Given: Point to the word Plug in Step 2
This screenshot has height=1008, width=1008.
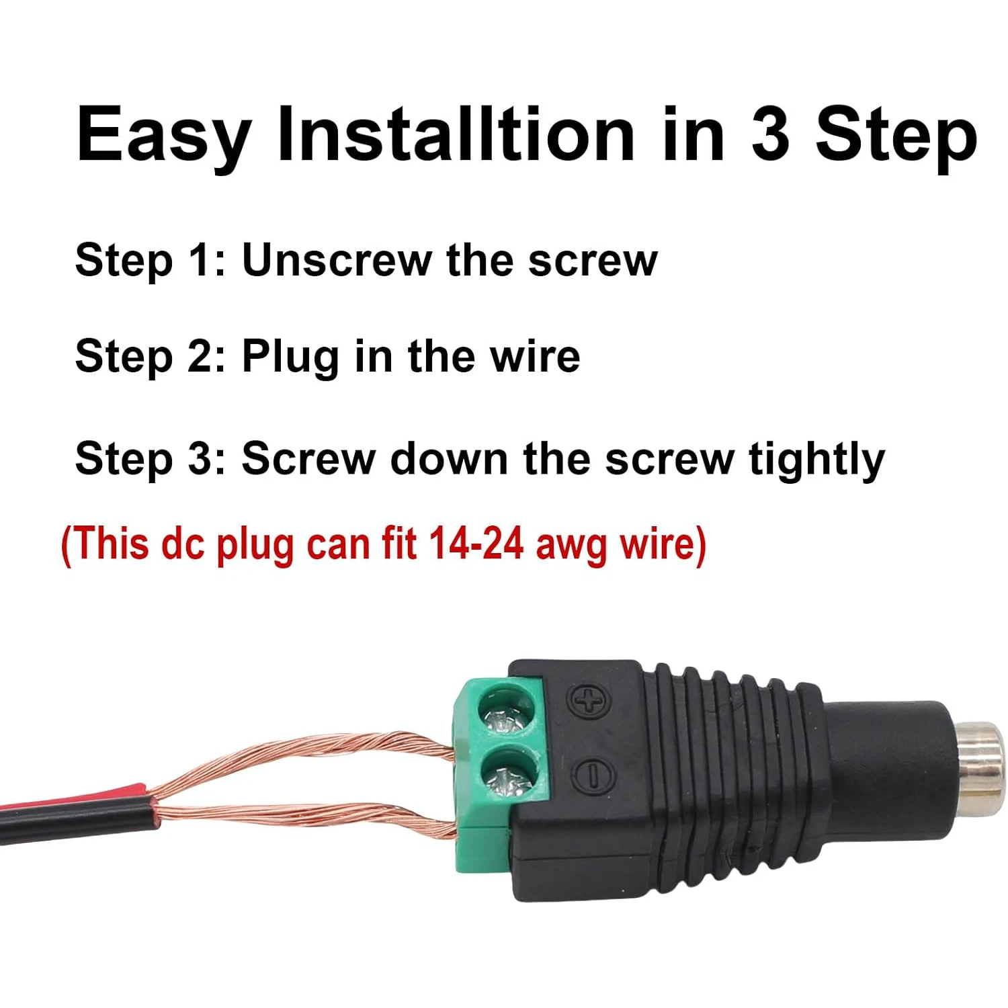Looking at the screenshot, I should point(290,358).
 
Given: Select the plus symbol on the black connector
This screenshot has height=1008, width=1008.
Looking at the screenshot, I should point(589,702).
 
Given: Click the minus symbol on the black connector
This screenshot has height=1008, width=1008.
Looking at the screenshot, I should point(593,775).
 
